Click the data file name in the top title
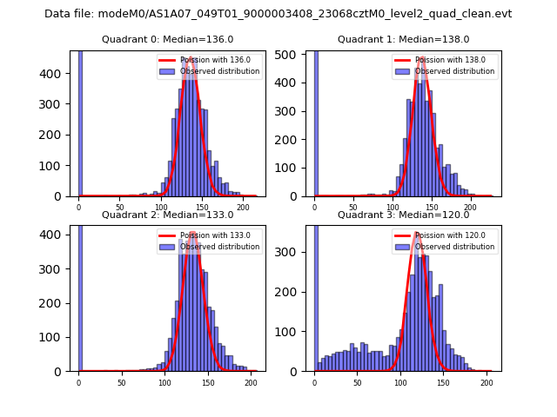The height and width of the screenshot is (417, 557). (278, 14)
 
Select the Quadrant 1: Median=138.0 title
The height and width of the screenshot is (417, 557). (403, 39)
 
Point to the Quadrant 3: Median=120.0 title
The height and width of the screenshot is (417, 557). (403, 215)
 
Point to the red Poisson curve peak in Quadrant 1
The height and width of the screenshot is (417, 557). (422, 58)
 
